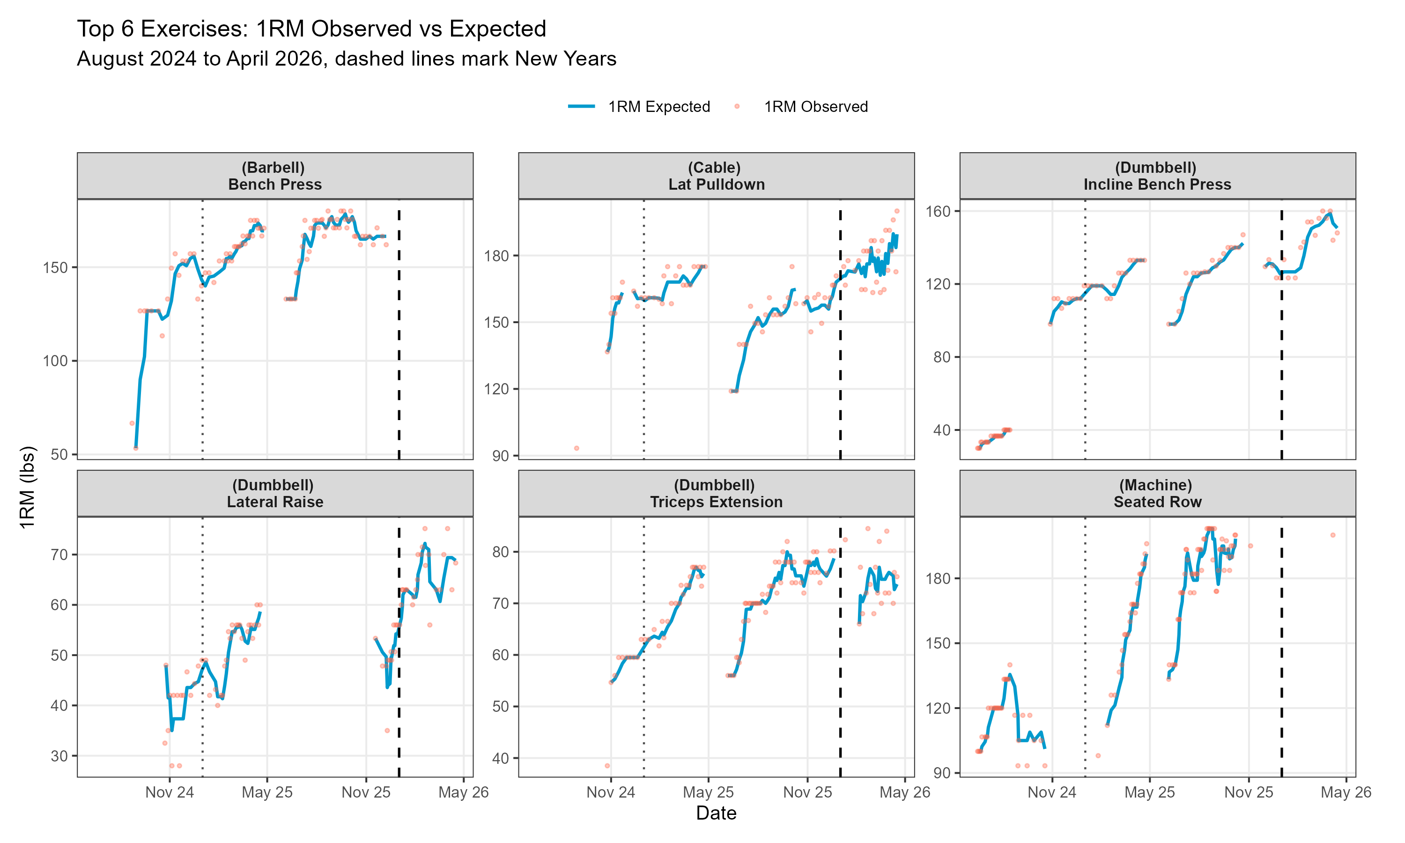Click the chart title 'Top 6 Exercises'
[311, 29]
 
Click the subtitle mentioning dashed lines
[347, 59]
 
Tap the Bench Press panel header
[275, 176]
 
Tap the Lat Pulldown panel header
[716, 176]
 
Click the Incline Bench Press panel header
[1157, 176]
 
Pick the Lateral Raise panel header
[275, 493]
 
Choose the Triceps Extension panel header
[716, 493]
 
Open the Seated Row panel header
[1157, 493]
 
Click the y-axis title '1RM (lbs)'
[27, 488]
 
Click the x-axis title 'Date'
[716, 813]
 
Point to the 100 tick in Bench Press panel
[55, 361]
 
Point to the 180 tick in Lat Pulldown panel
[496, 256]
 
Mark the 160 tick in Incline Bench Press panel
[938, 211]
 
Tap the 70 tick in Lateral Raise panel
[59, 555]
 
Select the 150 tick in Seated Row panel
[938, 643]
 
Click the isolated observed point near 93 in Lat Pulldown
[577, 448]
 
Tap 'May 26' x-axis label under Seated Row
[1346, 792]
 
